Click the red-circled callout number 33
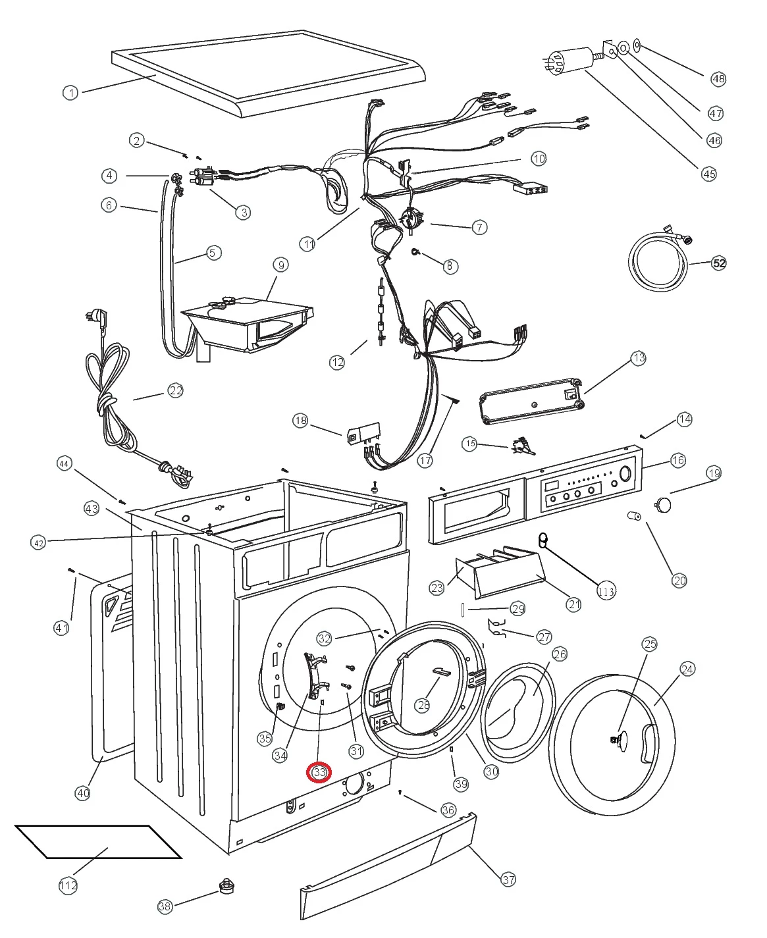click(x=320, y=772)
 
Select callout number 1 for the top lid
click(x=70, y=93)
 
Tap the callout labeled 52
click(x=719, y=263)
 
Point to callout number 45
click(x=708, y=174)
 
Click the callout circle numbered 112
click(x=68, y=885)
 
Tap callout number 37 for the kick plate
click(x=508, y=879)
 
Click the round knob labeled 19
click(x=663, y=505)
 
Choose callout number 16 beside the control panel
click(x=678, y=461)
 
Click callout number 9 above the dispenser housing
click(x=281, y=265)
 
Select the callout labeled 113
click(x=606, y=591)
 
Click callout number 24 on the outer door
click(x=687, y=669)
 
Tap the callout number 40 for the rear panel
click(x=82, y=793)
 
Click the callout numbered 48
click(x=718, y=79)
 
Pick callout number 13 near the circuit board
click(x=639, y=358)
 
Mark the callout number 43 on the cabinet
click(x=92, y=508)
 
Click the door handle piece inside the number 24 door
click(x=648, y=743)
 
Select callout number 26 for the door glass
click(x=560, y=654)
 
